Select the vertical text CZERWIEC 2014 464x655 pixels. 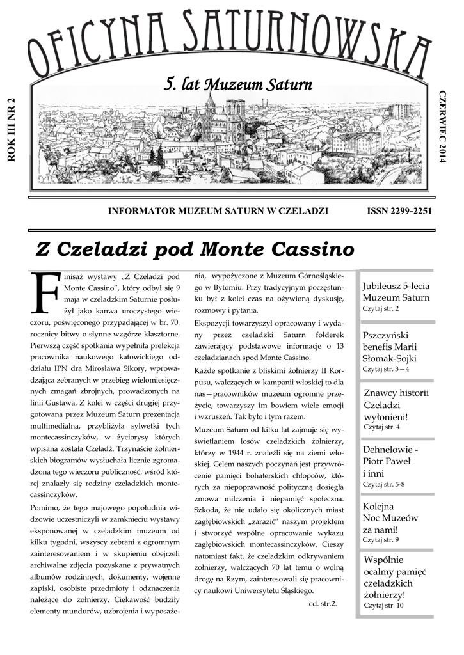coord(441,125)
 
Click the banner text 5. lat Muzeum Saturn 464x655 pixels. coord(238,84)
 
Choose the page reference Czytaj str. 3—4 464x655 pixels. coord(386,369)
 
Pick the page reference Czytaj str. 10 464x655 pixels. coord(383,604)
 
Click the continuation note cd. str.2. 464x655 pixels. coord(323,603)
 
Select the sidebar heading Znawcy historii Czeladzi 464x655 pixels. coord(396,404)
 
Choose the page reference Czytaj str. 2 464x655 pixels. coord(380,308)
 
